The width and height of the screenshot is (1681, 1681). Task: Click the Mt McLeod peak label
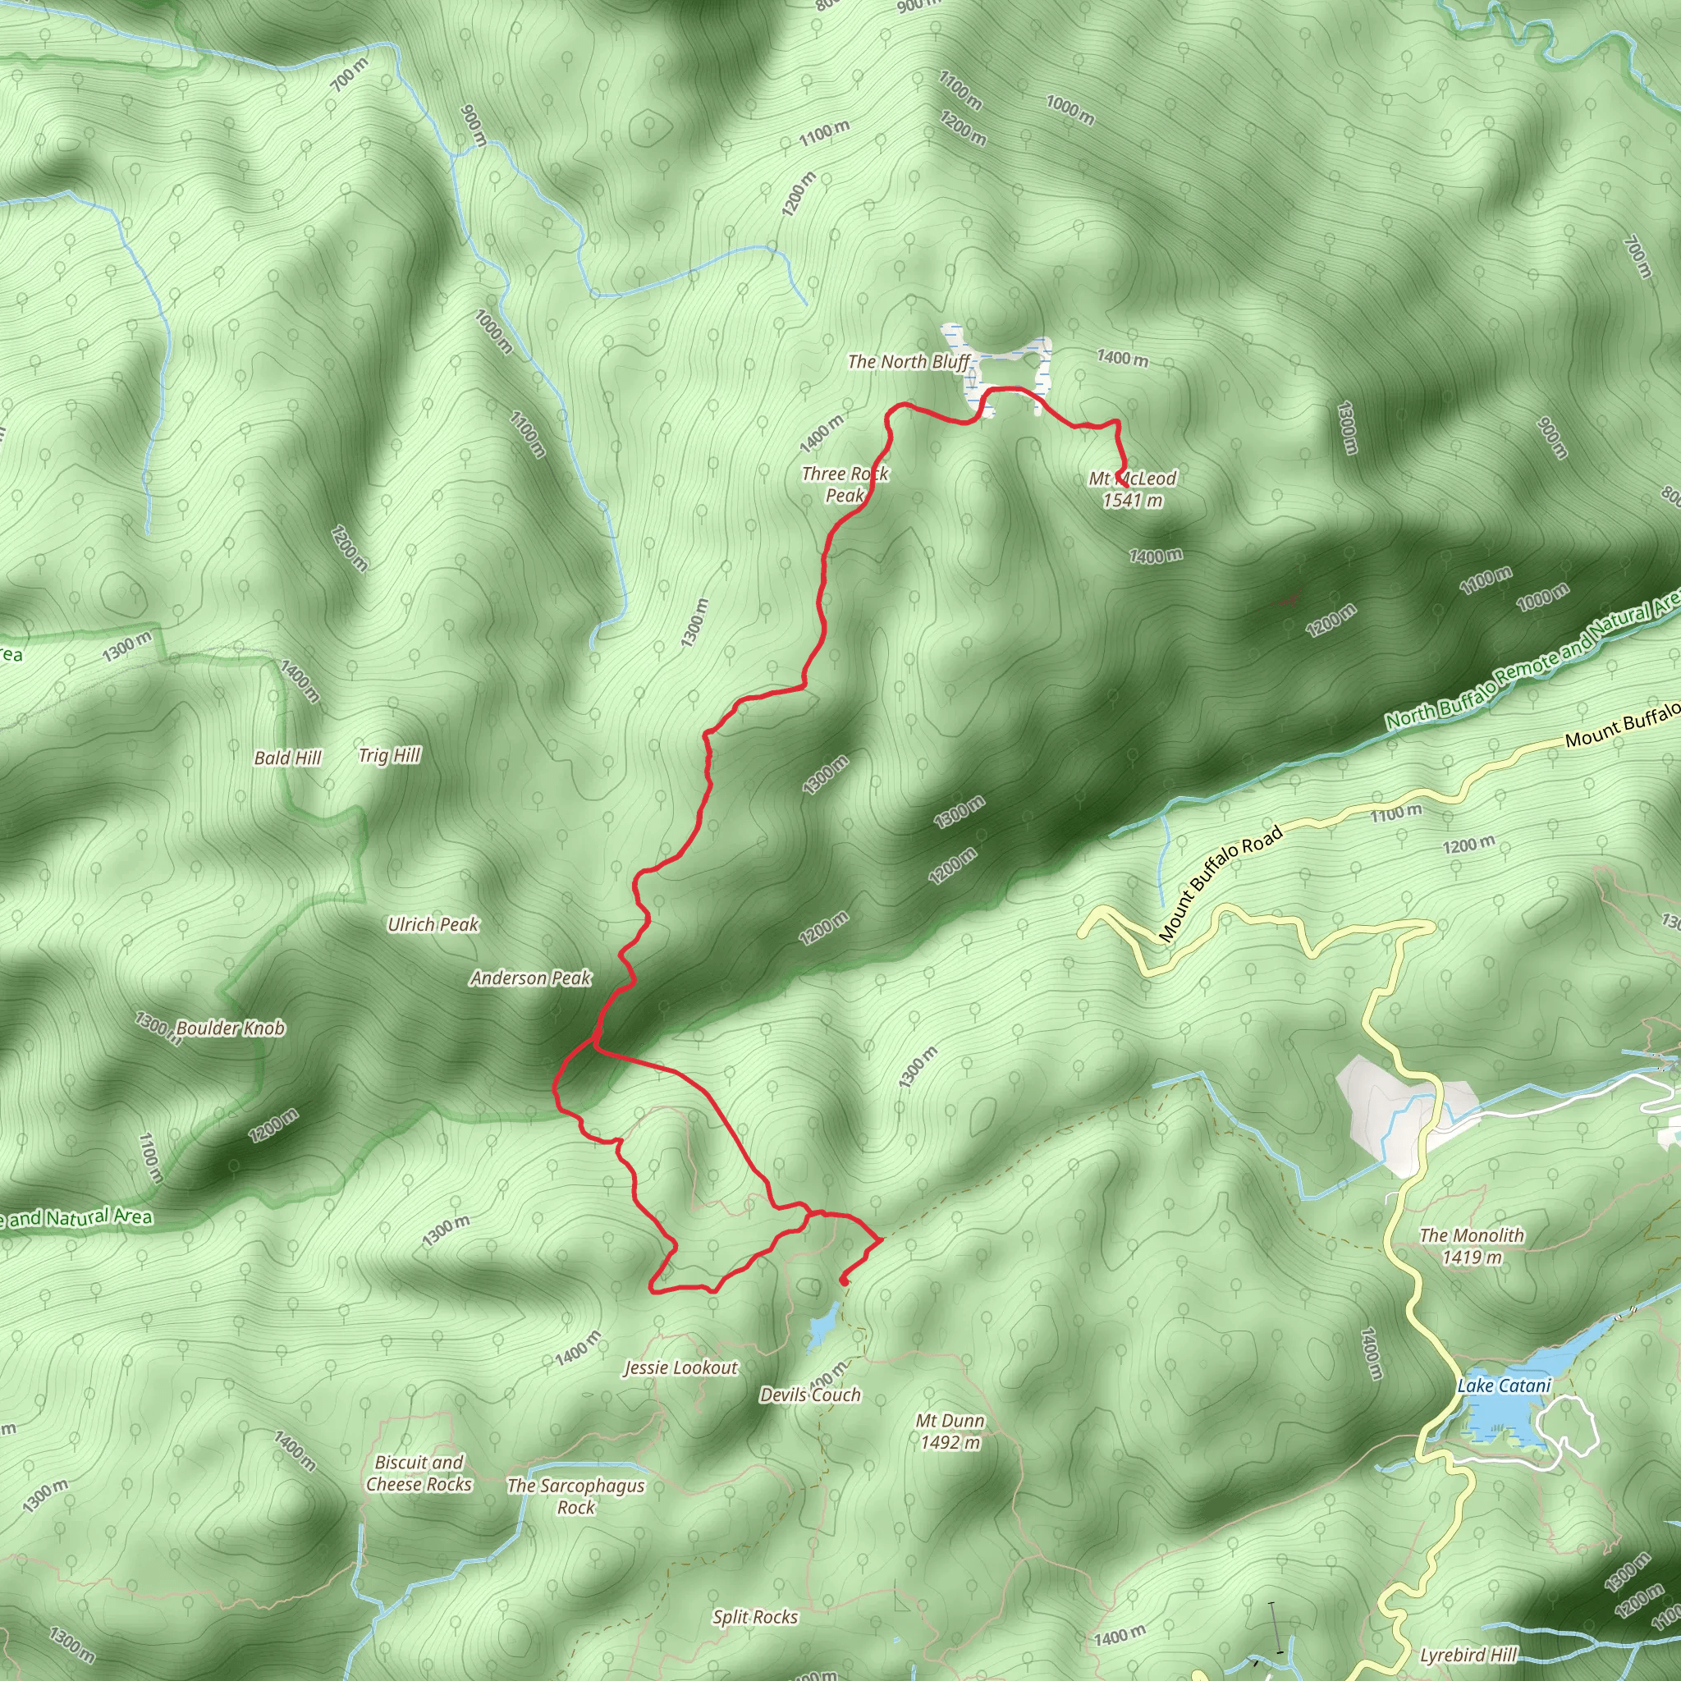[x=1132, y=479]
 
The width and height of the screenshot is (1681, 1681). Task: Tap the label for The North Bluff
[x=909, y=362]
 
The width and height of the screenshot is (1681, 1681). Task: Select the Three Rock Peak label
[x=845, y=484]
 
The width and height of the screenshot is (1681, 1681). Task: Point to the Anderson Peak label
[x=531, y=979]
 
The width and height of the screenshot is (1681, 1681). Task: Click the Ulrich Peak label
[x=433, y=925]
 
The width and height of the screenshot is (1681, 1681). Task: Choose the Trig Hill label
[x=389, y=755]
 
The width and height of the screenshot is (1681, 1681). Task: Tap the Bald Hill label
[x=288, y=758]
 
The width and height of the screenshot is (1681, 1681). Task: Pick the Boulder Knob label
[x=231, y=1028]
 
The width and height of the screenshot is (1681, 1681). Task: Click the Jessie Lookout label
[x=681, y=1368]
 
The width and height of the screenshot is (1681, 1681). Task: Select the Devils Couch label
[x=810, y=1395]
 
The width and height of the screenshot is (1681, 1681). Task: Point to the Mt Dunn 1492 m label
[x=950, y=1432]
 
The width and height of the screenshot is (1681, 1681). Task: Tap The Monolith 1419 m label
[x=1472, y=1246]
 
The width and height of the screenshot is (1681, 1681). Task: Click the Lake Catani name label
[x=1505, y=1386]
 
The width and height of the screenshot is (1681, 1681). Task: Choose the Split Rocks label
[x=754, y=1618]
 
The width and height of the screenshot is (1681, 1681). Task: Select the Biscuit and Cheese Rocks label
[x=419, y=1474]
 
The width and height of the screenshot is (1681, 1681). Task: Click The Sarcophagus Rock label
[x=576, y=1496]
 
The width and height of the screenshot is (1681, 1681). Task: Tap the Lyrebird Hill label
[x=1468, y=1656]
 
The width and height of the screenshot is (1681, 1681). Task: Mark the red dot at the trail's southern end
[x=844, y=1280]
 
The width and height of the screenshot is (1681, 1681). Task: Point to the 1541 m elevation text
[x=1133, y=502]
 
